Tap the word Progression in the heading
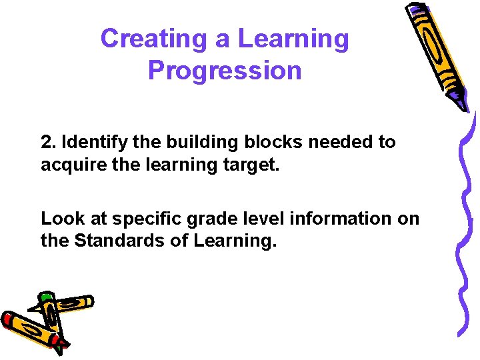(225, 70)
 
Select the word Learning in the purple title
(293, 39)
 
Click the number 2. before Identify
(48, 142)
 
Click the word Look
(58, 219)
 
